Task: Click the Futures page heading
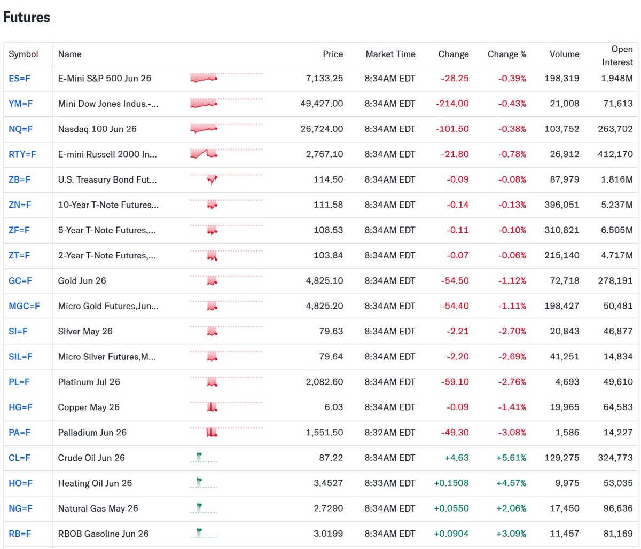[27, 17]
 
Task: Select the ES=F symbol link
[19, 79]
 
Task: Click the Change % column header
[506, 54]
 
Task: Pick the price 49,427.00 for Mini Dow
[322, 104]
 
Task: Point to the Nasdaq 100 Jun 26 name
[97, 129]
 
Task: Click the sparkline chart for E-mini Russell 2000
[204, 154]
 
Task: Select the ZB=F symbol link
[19, 179]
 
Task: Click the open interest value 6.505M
[616, 230]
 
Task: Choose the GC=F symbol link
[20, 280]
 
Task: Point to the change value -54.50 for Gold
[455, 280]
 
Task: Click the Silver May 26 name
[85, 331]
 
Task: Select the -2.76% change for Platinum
[512, 382]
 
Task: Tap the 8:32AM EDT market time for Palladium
[390, 433]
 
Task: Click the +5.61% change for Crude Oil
[512, 458]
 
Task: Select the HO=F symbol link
[20, 483]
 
